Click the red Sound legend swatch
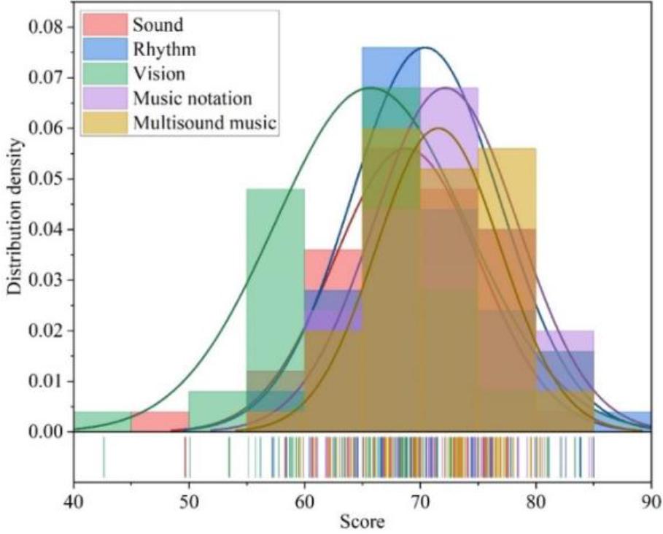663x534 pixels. click(x=104, y=25)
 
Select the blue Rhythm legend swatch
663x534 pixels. click(x=104, y=50)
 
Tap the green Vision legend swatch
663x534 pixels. click(x=104, y=74)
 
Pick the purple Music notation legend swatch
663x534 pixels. click(x=104, y=98)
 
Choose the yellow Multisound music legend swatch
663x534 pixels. click(x=104, y=123)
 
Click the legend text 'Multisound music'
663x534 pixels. click(x=205, y=123)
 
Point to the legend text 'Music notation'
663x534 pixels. click(x=192, y=98)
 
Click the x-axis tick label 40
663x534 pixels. click(x=74, y=503)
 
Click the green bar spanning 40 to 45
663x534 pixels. click(x=103, y=422)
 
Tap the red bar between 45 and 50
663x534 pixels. click(x=160, y=422)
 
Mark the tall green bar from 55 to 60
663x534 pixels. click(x=276, y=292)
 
